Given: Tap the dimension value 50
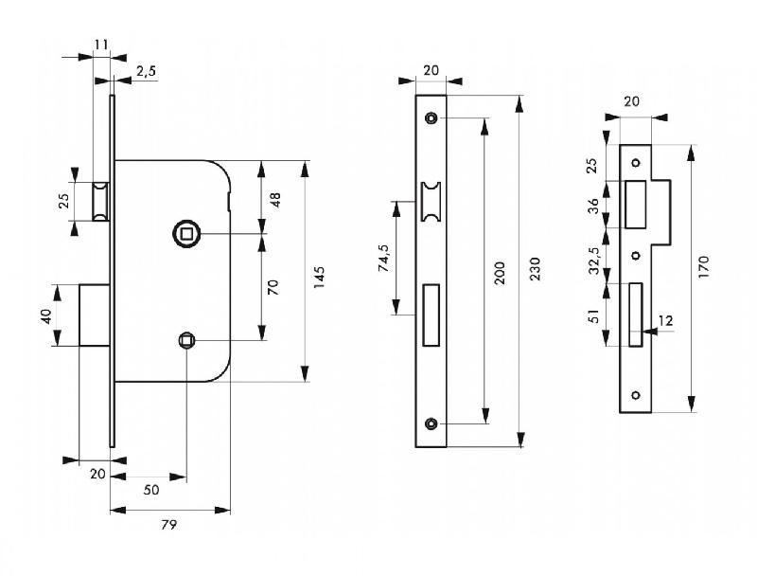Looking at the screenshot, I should coord(150,490).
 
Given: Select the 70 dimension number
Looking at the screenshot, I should coord(275,286).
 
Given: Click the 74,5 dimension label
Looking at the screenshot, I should coord(383,258).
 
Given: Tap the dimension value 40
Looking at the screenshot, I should coord(45,315).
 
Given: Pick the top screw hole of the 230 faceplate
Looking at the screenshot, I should coord(431,118).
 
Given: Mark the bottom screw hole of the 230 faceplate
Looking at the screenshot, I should coord(431,423).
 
